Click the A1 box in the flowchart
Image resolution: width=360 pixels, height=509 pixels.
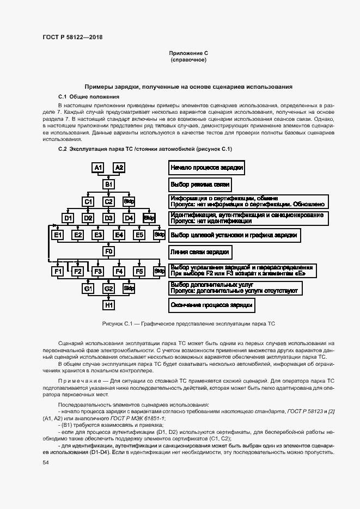pyautogui.click(x=98, y=167)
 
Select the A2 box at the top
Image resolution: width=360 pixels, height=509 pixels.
pyautogui.click(x=119, y=167)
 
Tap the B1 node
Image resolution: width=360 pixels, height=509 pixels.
pyautogui.click(x=109, y=185)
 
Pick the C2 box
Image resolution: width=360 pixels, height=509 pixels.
pyautogui.click(x=109, y=201)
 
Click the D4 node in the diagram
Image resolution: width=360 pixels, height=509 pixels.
pyautogui.click(x=129, y=218)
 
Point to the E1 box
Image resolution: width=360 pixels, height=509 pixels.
pyautogui.click(x=57, y=235)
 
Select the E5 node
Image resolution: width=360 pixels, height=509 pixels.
pyautogui.click(x=139, y=235)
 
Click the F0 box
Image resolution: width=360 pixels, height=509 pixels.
pyautogui.click(x=109, y=252)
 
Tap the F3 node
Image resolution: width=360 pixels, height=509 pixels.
pyautogui.click(x=98, y=271)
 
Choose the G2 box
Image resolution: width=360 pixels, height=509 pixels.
pyautogui.click(x=109, y=288)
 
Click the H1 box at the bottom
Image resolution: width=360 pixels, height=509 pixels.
pyautogui.click(x=109, y=305)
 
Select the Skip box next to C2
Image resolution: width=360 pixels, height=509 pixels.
pyautogui.click(x=129, y=201)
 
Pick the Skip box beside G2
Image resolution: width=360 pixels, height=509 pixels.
pyautogui.click(x=129, y=288)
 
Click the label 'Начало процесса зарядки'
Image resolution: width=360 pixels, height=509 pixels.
pyautogui.click(x=206, y=167)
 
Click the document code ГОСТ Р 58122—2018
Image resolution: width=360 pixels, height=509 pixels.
pyautogui.click(x=72, y=37)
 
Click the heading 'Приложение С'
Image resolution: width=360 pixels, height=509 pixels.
pyautogui.click(x=188, y=53)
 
